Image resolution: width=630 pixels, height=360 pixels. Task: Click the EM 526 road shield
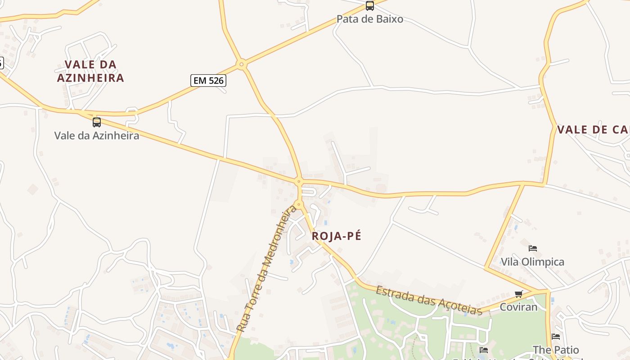click(x=208, y=81)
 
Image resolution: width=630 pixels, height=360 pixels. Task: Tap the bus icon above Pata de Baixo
click(x=369, y=6)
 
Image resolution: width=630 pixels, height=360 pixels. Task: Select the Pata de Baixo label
click(x=369, y=19)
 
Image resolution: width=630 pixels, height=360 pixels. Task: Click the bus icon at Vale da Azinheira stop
click(x=97, y=122)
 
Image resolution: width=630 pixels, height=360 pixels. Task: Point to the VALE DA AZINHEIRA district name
click(x=90, y=71)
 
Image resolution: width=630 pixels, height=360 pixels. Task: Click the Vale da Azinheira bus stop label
click(x=97, y=135)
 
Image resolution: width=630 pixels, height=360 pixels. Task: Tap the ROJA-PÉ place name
click(x=337, y=236)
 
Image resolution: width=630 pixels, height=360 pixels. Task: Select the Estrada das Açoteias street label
click(x=429, y=300)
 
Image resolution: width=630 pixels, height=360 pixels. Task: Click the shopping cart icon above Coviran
click(x=519, y=294)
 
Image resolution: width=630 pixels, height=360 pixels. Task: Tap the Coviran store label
click(x=519, y=307)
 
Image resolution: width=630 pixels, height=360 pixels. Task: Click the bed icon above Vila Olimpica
click(x=533, y=248)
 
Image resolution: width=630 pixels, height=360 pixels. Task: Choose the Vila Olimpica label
click(x=532, y=261)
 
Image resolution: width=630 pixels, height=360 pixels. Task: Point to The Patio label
click(x=556, y=350)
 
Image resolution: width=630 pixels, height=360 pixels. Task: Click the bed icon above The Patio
click(x=556, y=336)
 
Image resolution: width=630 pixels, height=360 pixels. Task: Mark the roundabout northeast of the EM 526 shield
click(x=242, y=64)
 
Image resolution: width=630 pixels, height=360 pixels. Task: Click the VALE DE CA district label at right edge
click(x=593, y=130)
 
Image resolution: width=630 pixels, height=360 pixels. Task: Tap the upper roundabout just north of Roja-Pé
click(x=298, y=182)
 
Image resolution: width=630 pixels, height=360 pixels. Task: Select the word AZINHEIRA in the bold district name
click(x=90, y=78)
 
